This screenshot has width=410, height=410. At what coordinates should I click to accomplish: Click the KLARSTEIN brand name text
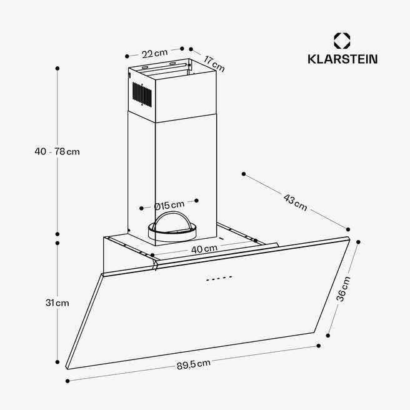click(342, 59)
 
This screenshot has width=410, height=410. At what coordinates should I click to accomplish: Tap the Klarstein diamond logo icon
click(342, 41)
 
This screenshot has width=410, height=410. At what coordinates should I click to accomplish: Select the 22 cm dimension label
click(154, 53)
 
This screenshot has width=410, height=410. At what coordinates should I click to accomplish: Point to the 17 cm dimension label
click(214, 64)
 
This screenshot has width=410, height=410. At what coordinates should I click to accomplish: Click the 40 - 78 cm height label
click(57, 151)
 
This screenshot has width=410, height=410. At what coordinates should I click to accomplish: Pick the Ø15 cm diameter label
click(169, 205)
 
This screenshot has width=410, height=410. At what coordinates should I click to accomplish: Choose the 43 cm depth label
click(295, 202)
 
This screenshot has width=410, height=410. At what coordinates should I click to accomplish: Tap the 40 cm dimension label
click(204, 249)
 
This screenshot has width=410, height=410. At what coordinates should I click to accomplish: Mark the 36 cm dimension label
click(343, 289)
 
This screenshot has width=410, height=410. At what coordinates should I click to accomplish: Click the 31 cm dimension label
click(57, 302)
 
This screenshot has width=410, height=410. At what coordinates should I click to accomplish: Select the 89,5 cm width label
click(194, 364)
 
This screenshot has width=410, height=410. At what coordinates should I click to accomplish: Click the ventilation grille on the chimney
click(142, 94)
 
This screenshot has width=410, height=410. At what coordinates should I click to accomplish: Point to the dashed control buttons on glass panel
click(219, 278)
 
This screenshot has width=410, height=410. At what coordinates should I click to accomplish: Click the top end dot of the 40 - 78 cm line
click(57, 69)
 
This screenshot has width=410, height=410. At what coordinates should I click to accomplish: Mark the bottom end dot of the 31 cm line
click(57, 362)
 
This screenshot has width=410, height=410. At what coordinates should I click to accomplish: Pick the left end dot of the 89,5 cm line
click(67, 381)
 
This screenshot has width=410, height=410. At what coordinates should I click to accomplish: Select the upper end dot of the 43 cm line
click(244, 174)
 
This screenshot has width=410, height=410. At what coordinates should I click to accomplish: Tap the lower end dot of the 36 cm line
click(328, 336)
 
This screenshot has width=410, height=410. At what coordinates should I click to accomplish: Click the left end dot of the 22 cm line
click(127, 56)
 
